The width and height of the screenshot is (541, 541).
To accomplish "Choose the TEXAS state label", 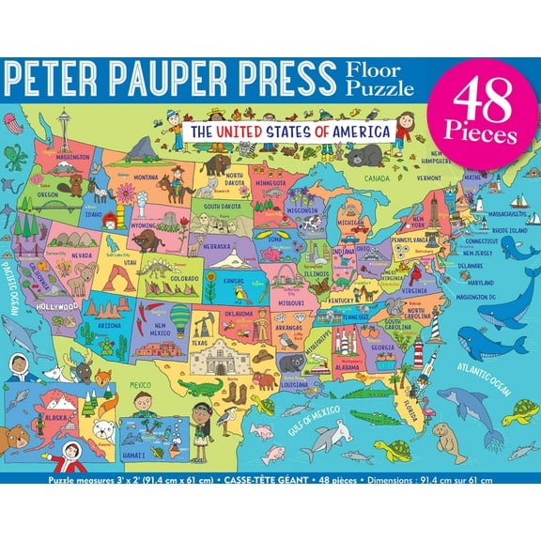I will [198, 343].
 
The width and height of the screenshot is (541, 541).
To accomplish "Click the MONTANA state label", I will [145, 177].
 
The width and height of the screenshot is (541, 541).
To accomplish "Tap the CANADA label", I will [377, 177].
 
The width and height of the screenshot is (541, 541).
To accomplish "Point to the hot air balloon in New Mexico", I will [178, 317].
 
